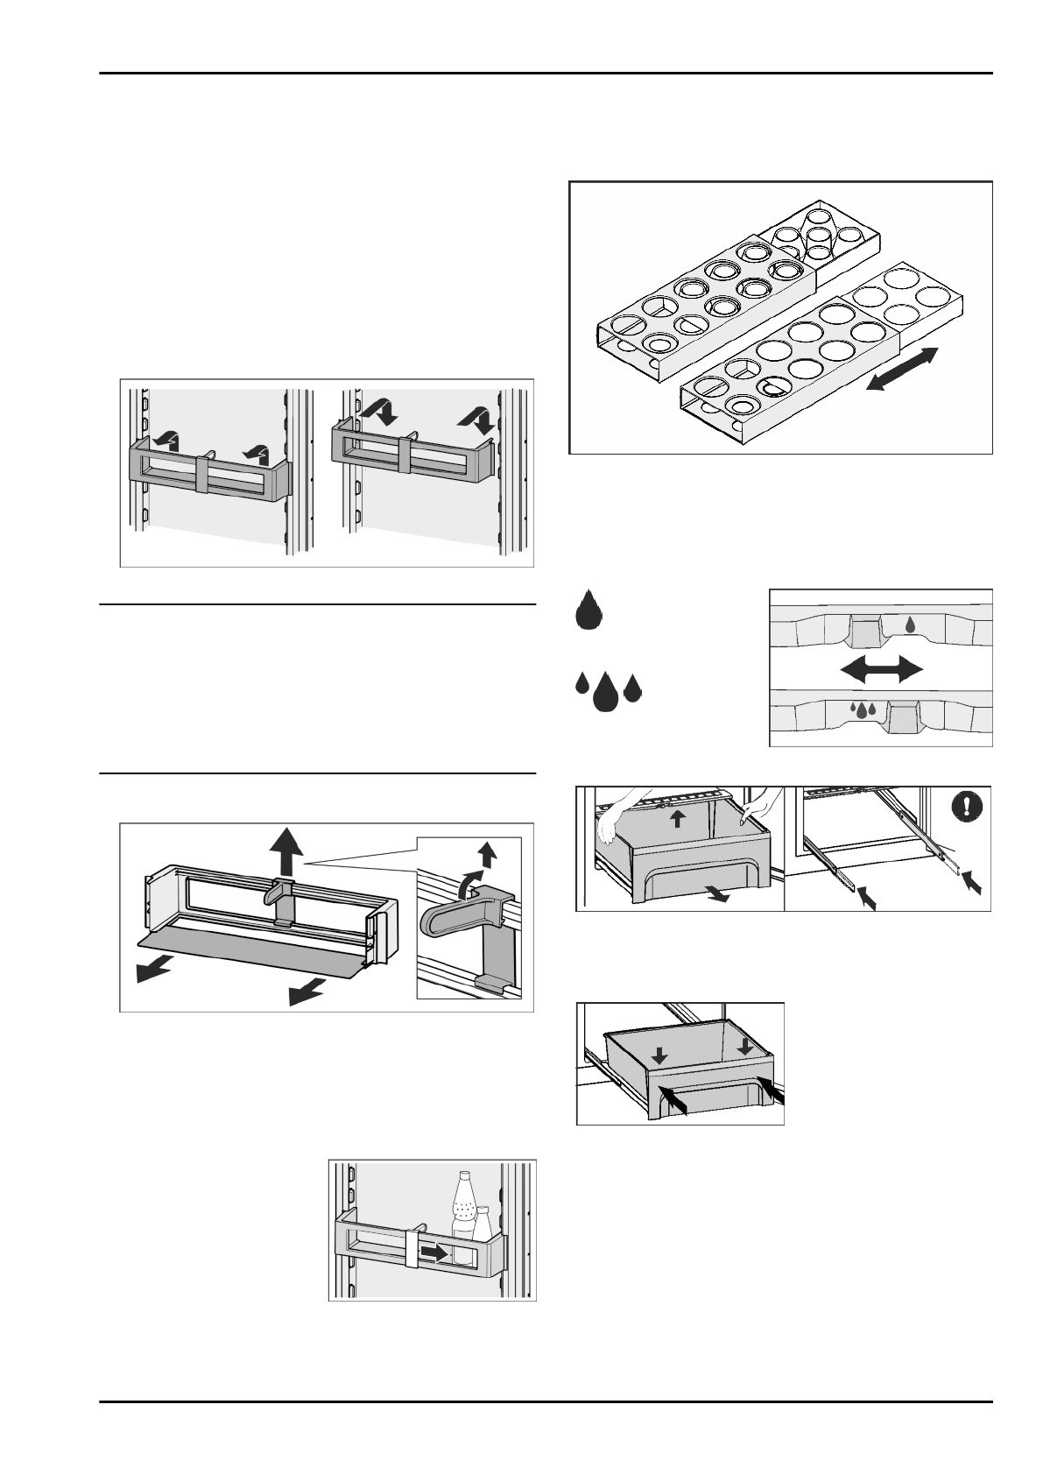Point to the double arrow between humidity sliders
pos(881,670)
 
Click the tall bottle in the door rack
pos(462,1210)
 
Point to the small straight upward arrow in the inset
pos(487,857)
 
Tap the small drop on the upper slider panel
pos(911,625)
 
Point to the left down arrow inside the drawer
pos(659,1057)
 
